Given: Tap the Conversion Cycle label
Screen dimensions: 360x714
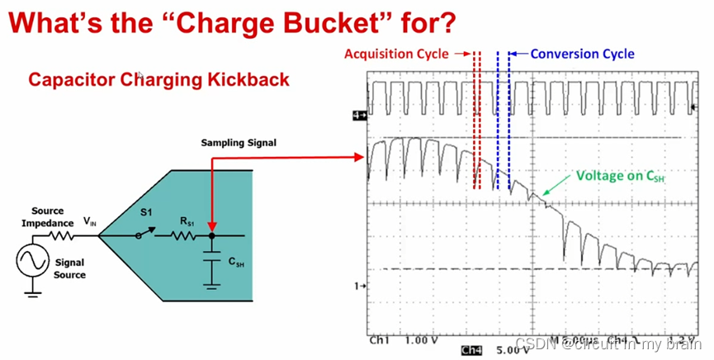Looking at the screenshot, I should point(582,54).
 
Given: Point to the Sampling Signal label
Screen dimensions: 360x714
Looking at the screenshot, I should point(239,143).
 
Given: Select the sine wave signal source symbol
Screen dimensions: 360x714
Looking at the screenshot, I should point(32,262).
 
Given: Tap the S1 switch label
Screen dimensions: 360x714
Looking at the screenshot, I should point(146,212).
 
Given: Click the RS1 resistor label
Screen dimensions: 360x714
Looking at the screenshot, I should point(189,221).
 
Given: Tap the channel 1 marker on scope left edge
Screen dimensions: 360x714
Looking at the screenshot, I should point(358,286).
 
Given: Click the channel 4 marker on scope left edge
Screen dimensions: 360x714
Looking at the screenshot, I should point(358,116).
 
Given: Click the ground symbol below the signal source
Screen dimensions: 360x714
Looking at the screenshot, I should point(32,288).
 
